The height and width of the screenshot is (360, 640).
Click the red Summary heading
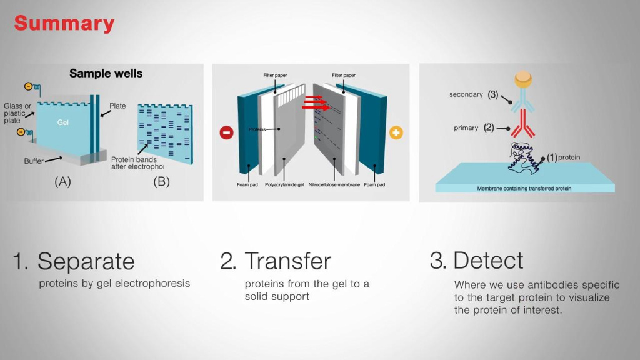pos(64,24)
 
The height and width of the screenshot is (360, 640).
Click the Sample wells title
pos(106,74)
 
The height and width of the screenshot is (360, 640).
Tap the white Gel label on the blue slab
pos(63,122)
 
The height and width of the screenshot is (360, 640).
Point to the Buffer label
pos(34,161)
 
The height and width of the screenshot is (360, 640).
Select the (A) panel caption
pos(63,182)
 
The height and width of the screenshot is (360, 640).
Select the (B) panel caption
pos(162,182)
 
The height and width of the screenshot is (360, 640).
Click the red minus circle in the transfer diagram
pos(226,132)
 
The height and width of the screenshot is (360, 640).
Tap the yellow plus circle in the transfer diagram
pos(396,132)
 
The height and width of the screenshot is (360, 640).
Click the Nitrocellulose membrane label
pos(334,185)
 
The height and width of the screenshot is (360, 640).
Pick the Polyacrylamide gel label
pos(284,185)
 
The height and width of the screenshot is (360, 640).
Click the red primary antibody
pos(523,124)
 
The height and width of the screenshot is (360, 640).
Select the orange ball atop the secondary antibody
pos(523,79)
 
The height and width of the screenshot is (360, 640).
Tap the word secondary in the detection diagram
pos(466,95)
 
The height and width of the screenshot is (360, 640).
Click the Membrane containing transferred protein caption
pos(524,189)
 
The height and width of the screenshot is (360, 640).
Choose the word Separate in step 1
pos(86,261)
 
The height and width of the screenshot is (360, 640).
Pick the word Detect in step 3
pos(488,261)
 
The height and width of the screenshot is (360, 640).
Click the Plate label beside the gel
pos(117,106)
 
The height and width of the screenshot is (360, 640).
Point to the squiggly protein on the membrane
pos(524,157)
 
